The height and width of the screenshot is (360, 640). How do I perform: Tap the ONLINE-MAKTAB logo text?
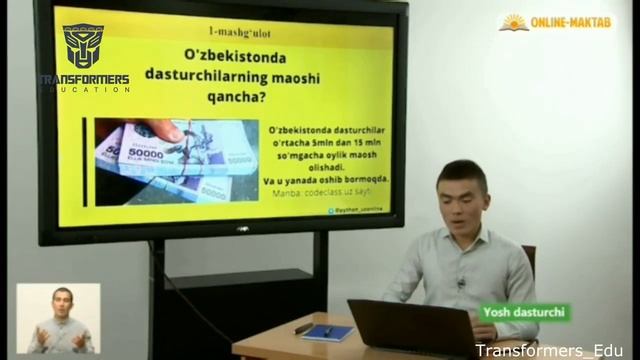[573, 21]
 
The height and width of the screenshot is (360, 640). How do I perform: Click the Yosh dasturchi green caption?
[525, 312]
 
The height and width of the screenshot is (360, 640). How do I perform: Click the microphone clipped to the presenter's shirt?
[461, 283]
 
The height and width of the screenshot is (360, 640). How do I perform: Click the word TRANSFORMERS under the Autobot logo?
[84, 78]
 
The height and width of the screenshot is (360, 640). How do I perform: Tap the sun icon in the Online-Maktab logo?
[514, 21]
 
